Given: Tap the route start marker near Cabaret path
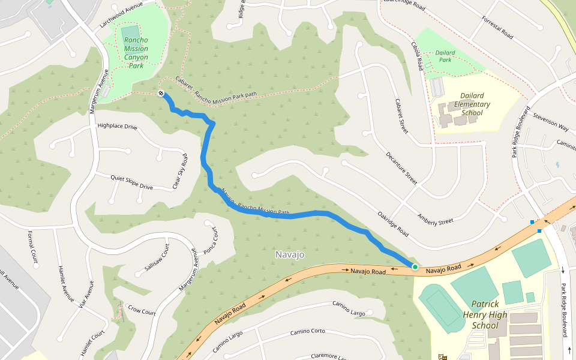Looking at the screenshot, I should click(161, 93).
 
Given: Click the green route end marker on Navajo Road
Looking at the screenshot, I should click(415, 266).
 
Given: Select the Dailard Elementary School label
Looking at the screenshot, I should click(472, 104).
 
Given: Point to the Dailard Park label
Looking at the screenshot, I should click(445, 56).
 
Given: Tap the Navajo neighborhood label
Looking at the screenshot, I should click(290, 254).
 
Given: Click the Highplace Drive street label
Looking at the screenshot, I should click(117, 127).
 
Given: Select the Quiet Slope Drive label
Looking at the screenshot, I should click(132, 182).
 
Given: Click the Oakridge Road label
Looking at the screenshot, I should click(393, 223).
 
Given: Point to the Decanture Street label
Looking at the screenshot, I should click(401, 167).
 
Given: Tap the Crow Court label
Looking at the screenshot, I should click(142, 310).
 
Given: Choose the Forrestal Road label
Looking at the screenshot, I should click(497, 28).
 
